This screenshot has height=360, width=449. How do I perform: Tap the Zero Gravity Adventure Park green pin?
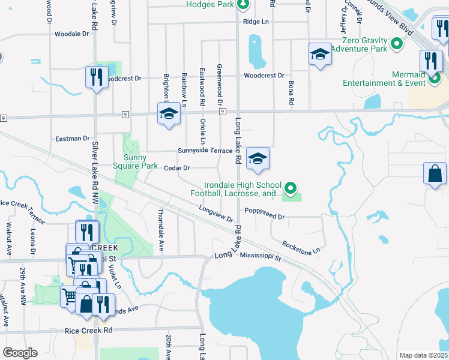point(397,44)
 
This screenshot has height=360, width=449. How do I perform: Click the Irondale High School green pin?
point(291,189)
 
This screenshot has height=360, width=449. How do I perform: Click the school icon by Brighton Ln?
point(169,114)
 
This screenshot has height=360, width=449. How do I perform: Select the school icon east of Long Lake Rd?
point(258,159)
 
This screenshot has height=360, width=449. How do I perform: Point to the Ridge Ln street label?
point(255,22)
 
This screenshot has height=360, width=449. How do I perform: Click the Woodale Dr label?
point(71,34)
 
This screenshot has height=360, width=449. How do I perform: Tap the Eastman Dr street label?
point(72,139)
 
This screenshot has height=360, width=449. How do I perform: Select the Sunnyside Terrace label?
point(205,151)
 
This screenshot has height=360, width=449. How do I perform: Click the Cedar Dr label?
point(176,168)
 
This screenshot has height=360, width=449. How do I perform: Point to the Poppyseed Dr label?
point(264,211)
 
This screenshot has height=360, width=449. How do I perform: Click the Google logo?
point(20,353)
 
